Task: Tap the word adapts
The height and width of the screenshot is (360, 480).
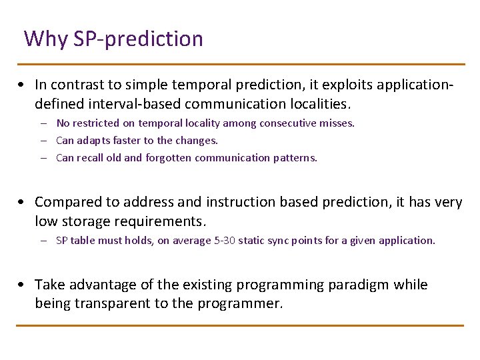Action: pos(93,141)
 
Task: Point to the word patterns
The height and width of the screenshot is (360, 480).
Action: pos(295,158)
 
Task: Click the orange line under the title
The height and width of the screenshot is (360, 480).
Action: pos(240,65)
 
